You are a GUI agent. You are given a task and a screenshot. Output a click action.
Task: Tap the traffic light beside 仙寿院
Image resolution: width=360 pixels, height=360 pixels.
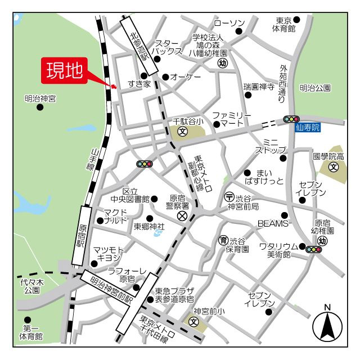(x=291, y=119)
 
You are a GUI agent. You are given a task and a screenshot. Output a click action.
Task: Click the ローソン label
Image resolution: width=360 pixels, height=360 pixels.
(x=229, y=24)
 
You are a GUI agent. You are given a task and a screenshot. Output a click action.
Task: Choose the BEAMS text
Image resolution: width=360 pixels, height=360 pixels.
(x=272, y=223)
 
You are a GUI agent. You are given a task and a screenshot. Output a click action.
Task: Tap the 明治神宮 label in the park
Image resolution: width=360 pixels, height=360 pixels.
(x=40, y=99)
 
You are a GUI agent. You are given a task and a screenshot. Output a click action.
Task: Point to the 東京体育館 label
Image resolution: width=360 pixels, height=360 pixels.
(x=284, y=24)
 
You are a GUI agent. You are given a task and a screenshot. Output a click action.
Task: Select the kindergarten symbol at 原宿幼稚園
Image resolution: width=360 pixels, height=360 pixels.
(x=322, y=240)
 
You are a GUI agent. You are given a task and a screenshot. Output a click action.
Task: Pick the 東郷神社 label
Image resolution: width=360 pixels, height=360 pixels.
(x=149, y=227)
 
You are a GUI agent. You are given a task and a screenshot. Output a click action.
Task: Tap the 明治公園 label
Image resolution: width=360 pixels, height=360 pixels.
(x=315, y=88)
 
